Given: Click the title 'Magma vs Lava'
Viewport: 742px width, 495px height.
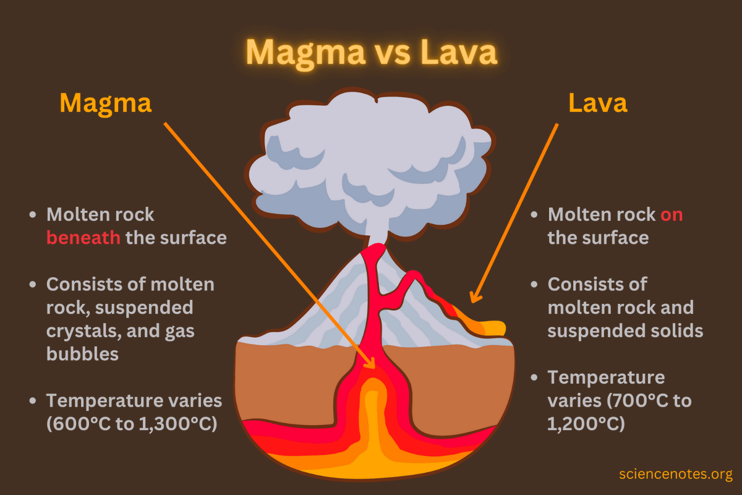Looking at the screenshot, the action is pyautogui.click(x=371, y=52).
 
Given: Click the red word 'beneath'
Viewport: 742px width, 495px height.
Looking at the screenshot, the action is pyautogui.click(x=83, y=238).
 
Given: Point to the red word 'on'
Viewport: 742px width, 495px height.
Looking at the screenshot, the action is pyautogui.click(x=671, y=215).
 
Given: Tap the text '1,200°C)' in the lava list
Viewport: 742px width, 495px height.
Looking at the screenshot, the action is pyautogui.click(x=586, y=424).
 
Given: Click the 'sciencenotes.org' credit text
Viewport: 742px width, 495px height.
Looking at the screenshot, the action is pyautogui.click(x=675, y=475).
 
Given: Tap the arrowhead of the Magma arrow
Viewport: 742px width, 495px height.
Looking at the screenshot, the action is pyautogui.click(x=370, y=363).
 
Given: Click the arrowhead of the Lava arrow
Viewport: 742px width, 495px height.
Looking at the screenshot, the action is pyautogui.click(x=474, y=298).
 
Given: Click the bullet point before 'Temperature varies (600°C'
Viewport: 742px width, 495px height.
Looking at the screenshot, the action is pyautogui.click(x=33, y=400).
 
